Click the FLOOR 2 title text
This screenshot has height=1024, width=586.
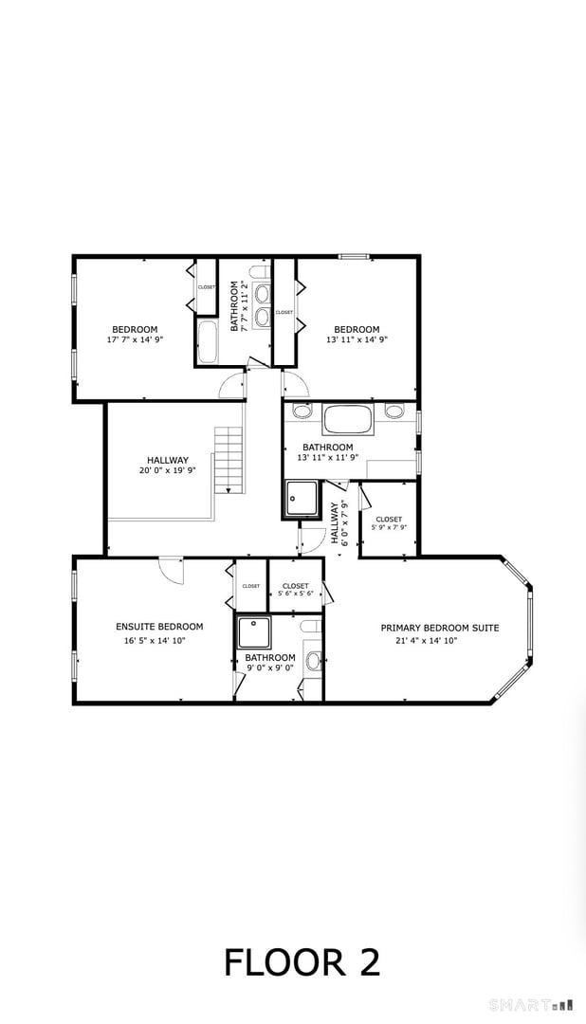click(302, 961)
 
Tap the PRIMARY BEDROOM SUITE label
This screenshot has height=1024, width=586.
click(440, 628)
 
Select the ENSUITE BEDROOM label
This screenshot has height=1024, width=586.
click(159, 627)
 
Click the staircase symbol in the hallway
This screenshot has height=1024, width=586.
click(229, 460)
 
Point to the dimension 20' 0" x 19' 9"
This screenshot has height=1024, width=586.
click(167, 469)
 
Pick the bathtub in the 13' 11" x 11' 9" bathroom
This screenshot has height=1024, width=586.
click(349, 418)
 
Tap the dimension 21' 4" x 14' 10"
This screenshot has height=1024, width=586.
click(440, 641)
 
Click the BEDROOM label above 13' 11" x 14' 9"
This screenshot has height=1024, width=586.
click(357, 330)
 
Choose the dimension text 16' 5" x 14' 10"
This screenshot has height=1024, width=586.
click(159, 640)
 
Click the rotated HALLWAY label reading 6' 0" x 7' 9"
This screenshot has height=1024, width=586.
click(339, 522)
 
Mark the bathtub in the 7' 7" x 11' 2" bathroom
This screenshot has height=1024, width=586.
click(208, 342)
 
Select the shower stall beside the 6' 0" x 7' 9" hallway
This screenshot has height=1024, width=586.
click(302, 498)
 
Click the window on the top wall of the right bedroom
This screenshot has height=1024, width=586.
click(355, 256)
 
